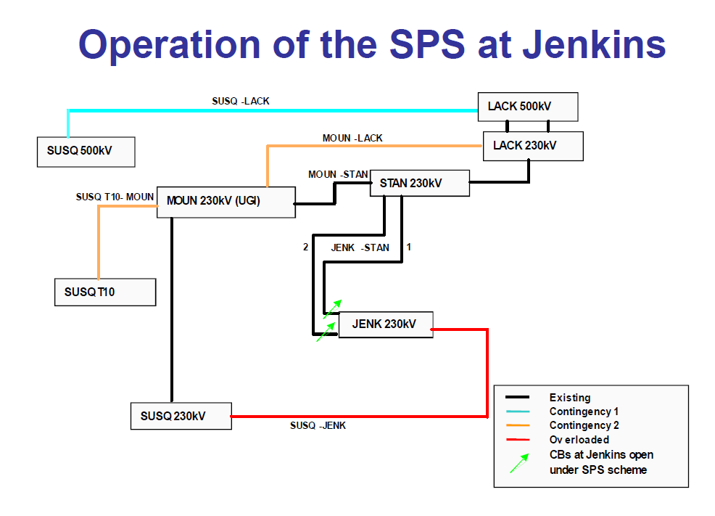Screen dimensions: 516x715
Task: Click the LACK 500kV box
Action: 527,107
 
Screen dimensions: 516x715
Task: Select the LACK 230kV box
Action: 533,146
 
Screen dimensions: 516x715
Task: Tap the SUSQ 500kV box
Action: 86,152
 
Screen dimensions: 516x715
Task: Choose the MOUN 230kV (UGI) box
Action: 226,201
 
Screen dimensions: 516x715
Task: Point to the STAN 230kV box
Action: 420,184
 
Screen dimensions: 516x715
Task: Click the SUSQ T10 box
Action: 105,292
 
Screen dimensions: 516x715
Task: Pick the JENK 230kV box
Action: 385,324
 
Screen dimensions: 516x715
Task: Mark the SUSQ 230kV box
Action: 181,416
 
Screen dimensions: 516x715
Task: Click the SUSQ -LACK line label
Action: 241,101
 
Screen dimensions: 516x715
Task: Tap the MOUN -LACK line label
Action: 352,138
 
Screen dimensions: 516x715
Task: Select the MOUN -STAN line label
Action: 338,174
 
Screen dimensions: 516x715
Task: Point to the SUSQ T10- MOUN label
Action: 115,197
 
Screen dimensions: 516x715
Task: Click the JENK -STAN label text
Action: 360,247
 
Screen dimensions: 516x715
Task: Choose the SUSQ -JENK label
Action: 318,425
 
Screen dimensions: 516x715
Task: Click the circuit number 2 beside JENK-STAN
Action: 306,247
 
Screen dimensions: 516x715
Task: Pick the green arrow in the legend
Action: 519,462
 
